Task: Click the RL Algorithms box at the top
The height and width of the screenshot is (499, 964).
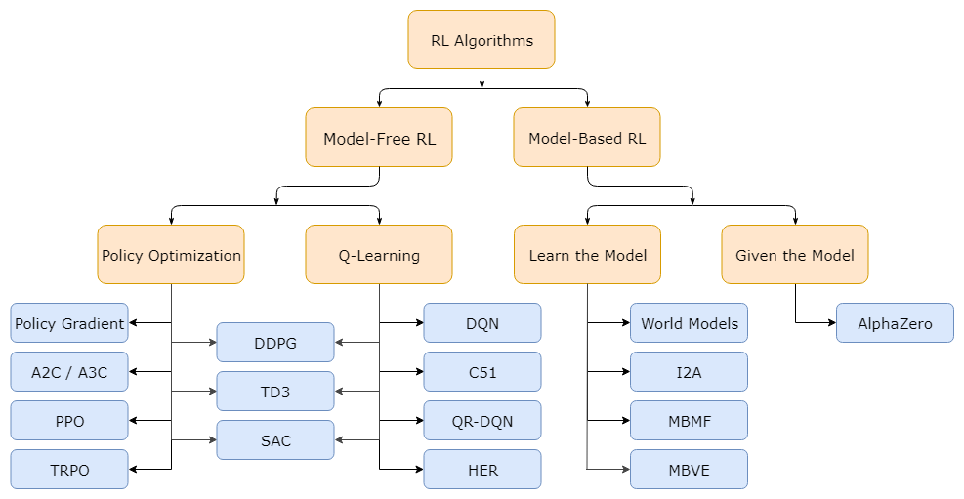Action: (x=481, y=40)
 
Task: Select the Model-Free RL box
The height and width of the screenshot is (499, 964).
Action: (x=379, y=138)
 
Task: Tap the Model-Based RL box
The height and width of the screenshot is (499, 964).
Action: (x=587, y=138)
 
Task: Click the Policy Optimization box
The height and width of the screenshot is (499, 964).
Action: (x=171, y=255)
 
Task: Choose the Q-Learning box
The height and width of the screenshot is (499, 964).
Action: (x=379, y=255)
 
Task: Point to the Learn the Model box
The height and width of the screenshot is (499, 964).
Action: (x=587, y=255)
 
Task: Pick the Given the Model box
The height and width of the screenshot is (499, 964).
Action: (x=794, y=255)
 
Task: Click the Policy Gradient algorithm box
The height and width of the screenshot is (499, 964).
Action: (x=69, y=323)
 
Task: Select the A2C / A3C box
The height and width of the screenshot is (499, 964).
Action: (x=69, y=372)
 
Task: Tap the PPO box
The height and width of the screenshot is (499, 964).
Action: (x=69, y=421)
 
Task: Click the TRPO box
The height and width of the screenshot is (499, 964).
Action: (x=69, y=470)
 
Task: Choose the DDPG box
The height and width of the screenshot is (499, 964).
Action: (x=275, y=343)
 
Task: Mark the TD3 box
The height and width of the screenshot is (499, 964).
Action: (x=275, y=392)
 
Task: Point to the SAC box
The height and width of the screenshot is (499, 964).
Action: (x=275, y=440)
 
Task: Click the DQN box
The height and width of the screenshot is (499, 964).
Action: (x=482, y=323)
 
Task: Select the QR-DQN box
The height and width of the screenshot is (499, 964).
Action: (x=482, y=421)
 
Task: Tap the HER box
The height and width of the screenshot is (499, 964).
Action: (x=482, y=470)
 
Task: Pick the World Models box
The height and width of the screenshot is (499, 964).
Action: (x=690, y=323)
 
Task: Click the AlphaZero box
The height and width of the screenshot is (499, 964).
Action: (x=895, y=323)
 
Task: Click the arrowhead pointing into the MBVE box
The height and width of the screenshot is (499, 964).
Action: (x=625, y=470)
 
